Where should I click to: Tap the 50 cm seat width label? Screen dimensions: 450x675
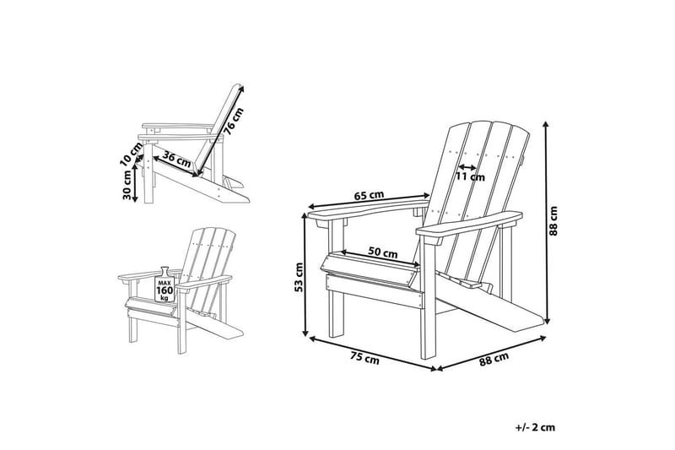(x=384, y=252)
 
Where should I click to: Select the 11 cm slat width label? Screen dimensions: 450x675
(x=470, y=177)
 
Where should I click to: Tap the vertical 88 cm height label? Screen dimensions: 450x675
(x=554, y=223)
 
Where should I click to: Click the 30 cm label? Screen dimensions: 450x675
(x=127, y=185)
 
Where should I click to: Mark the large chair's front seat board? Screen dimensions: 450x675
(x=371, y=279)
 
